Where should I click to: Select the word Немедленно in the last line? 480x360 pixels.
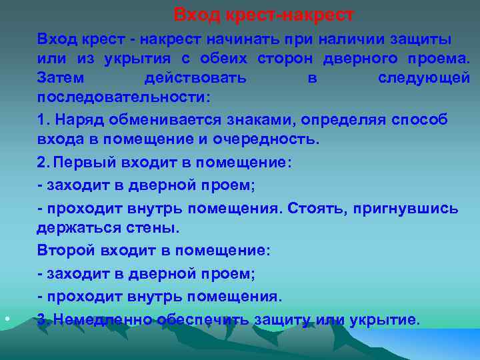(103, 319)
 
